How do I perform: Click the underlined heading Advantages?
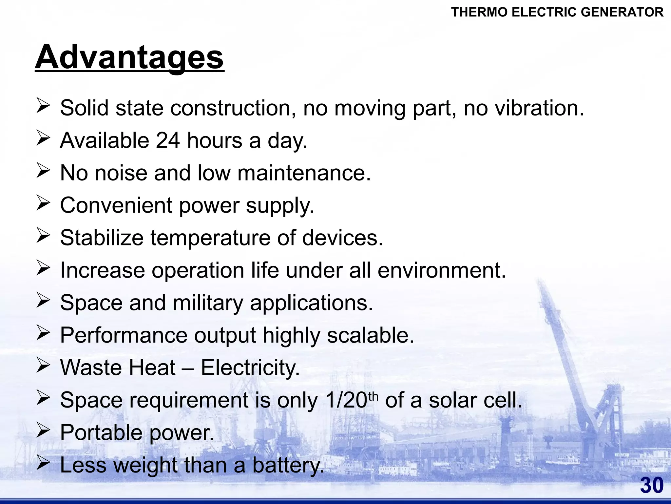pos(129,57)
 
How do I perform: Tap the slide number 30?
pos(652,485)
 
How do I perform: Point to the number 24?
pos(168,140)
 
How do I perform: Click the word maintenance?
pos(304,173)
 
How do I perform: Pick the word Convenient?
pos(116,205)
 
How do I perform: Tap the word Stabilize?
pos(102,238)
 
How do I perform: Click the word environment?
pos(442,270)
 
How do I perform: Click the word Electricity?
pos(250,367)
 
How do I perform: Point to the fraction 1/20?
pos(346,400)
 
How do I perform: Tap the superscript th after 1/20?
pos(374,396)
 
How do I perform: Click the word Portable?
pos(102,432)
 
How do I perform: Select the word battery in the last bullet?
pos(288,465)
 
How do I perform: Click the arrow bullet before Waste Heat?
pos(43,366)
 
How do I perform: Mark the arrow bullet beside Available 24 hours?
pos(43,138)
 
